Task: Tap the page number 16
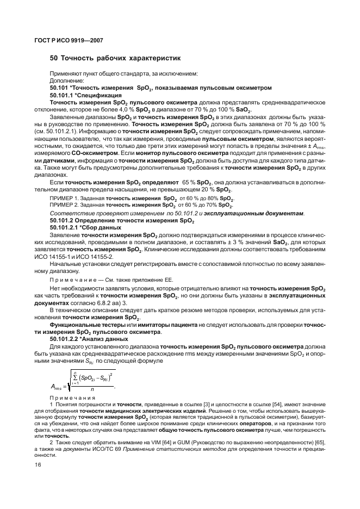(x=38, y=464)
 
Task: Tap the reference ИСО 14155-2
(x=95, y=256)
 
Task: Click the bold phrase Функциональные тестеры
(x=87, y=325)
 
